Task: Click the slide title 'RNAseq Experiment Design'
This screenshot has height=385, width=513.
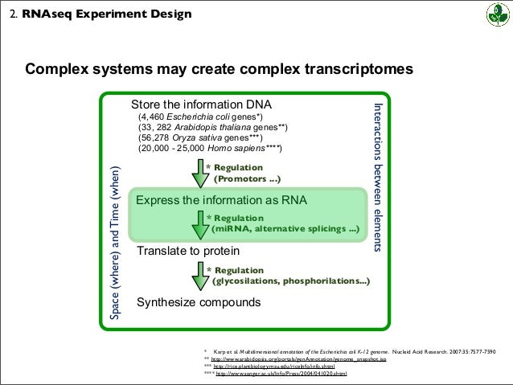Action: [x=106, y=14]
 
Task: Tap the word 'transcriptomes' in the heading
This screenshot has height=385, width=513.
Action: [x=350, y=69]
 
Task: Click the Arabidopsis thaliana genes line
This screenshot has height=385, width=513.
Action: [x=212, y=128]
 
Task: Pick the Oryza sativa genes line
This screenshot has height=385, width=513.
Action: [x=206, y=138]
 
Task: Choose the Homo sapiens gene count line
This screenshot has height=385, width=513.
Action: [x=210, y=149]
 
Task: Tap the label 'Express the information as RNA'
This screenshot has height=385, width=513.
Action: [x=221, y=200]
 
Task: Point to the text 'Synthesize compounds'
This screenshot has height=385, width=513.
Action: [x=199, y=303]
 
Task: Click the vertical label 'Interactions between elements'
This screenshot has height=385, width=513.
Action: [x=380, y=177]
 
